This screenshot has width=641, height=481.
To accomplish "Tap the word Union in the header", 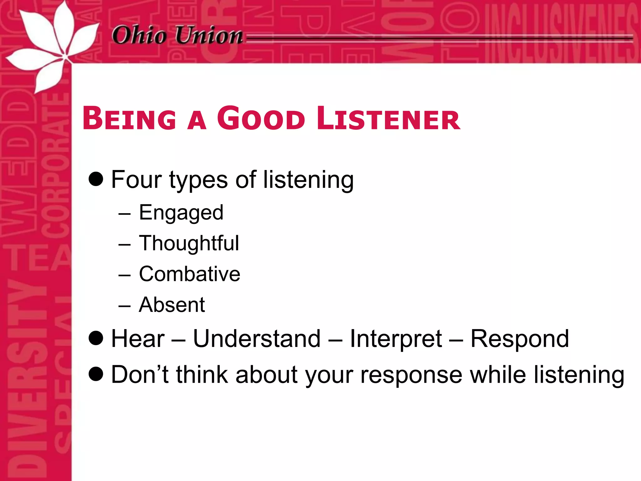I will (209, 35).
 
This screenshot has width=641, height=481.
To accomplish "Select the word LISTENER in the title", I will (388, 119).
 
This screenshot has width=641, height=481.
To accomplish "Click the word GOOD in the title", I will (261, 119).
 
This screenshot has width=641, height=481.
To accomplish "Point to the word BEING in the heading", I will (129, 119).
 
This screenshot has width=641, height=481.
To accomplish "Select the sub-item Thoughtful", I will (189, 243).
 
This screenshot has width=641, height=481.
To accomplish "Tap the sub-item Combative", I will (189, 274).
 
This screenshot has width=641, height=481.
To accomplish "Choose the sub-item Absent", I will (172, 305).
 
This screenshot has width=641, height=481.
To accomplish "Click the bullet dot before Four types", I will (96, 179).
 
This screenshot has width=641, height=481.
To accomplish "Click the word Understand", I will (257, 339).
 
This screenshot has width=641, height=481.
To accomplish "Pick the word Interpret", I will (396, 339).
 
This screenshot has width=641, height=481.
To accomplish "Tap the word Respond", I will (520, 339).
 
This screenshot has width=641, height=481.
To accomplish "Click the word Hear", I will (138, 339).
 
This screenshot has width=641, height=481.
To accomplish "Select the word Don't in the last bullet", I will (140, 375).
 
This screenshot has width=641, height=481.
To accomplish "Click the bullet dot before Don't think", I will (96, 374).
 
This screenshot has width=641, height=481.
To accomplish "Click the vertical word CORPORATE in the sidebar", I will (56, 163).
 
